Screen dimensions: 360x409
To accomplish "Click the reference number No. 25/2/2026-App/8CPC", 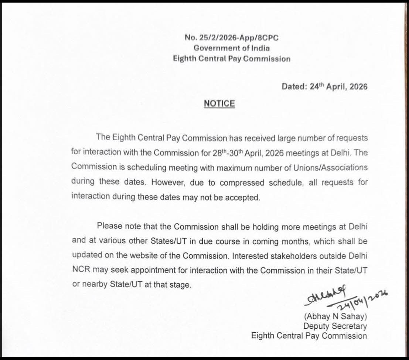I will click(x=232, y=37).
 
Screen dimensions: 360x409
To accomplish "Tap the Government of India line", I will click(x=232, y=48).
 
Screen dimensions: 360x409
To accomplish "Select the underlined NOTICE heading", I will click(x=219, y=104).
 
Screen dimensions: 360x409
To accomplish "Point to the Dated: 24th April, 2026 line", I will click(x=324, y=86).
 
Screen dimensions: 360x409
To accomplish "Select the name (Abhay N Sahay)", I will click(x=335, y=316).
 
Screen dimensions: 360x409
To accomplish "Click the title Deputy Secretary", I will click(x=335, y=326).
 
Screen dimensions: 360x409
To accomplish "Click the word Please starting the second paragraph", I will click(x=109, y=226).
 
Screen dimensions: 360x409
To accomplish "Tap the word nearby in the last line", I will click(x=93, y=285).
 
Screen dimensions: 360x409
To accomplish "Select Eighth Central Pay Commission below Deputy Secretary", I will click(x=309, y=336).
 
